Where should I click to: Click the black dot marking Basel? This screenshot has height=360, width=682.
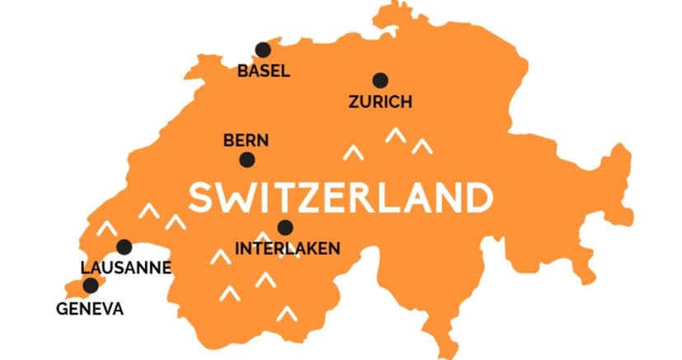(263, 50)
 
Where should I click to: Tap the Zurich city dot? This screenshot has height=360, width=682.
(380, 81)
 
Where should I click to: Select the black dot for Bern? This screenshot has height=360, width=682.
(246, 160)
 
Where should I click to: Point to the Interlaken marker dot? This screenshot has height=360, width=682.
(285, 227)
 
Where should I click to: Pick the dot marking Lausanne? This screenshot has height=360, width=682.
(124, 246)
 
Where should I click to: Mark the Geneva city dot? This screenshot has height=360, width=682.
(91, 286)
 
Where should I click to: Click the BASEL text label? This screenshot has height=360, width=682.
(264, 71)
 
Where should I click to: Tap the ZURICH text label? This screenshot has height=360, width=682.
(380, 102)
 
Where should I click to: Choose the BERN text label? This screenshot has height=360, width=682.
(246, 141)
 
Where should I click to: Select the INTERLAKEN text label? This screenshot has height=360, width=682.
(287, 248)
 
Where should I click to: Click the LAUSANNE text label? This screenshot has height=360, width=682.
(126, 267)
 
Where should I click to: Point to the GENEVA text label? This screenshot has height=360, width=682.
(90, 309)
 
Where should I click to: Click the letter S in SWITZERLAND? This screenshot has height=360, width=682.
(203, 198)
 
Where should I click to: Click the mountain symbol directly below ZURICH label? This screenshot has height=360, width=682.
(395, 135)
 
